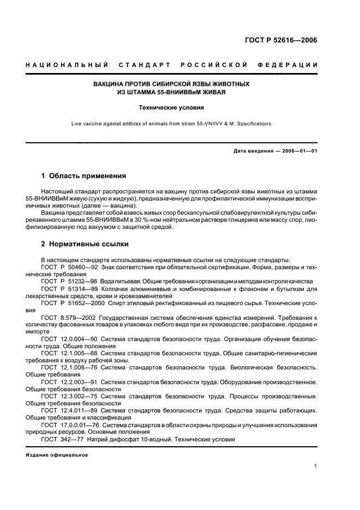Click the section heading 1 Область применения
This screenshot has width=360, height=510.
(x=84, y=176)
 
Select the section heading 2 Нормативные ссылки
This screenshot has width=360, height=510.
(x=85, y=244)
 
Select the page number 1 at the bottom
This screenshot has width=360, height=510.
(x=315, y=466)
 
